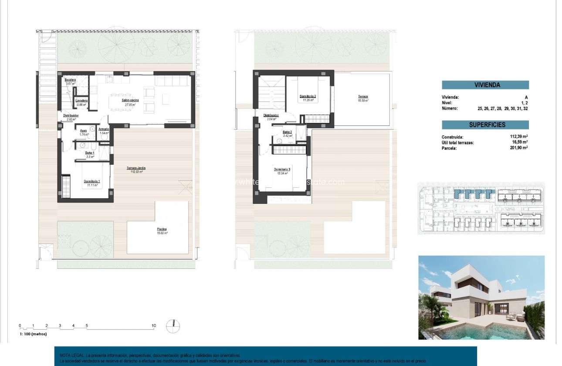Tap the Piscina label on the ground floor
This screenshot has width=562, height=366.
162,229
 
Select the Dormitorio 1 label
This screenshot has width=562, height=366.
92,181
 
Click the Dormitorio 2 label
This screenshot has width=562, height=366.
308,96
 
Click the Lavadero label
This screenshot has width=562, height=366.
82,101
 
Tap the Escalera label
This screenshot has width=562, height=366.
71,80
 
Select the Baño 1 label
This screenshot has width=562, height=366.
89,153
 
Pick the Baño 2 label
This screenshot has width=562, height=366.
287,132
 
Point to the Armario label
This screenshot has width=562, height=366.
104,129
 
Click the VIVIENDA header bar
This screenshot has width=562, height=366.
485,85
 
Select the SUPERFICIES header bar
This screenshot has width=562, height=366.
485,125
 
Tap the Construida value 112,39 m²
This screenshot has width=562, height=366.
519,137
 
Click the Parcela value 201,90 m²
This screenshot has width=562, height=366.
519,148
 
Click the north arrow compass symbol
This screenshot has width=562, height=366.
173,326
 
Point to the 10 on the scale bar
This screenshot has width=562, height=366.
153,325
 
